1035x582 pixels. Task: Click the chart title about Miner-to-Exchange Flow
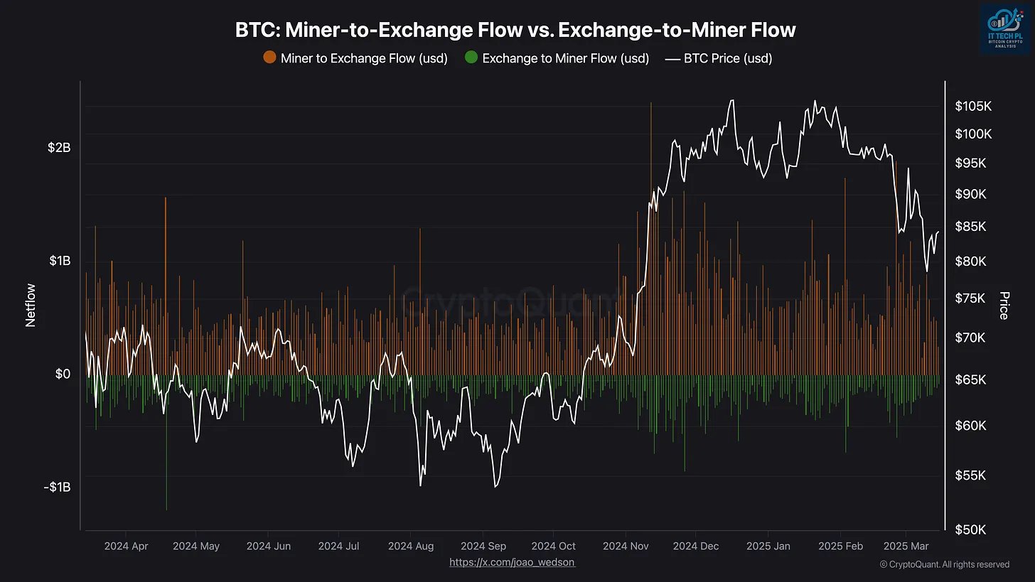[x=515, y=30]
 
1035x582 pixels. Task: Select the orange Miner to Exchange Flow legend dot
[x=269, y=58]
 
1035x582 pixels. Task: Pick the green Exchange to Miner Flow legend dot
[x=471, y=58]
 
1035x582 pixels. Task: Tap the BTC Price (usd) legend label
[x=727, y=58]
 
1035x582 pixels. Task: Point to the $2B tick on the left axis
[x=59, y=148]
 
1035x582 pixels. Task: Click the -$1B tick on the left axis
[x=57, y=487]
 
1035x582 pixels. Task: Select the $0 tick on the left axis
[x=63, y=374]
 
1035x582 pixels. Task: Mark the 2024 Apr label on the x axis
[x=126, y=546]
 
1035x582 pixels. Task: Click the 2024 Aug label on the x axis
[x=411, y=546]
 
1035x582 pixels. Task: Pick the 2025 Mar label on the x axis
[x=905, y=546]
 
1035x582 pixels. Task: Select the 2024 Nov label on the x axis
[x=626, y=546]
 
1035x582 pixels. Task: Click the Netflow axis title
[x=31, y=306]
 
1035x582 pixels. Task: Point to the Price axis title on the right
[x=1004, y=306]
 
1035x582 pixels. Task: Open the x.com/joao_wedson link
[x=512, y=562]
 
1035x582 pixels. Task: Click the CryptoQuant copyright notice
[x=944, y=564]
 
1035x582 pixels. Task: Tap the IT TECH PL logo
[x=1004, y=28]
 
